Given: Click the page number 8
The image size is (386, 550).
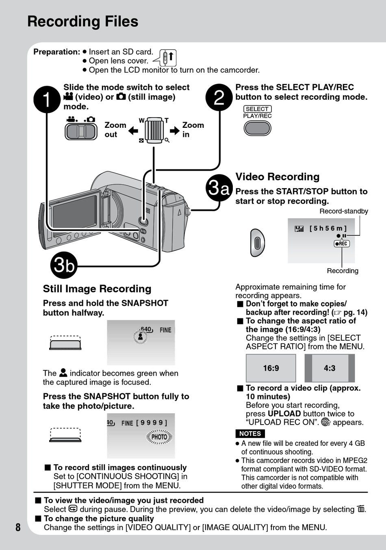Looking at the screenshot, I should point(18,527).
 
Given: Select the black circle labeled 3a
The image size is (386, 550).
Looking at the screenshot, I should point(219,188).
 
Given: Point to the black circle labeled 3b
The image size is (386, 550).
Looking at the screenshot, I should point(64,265).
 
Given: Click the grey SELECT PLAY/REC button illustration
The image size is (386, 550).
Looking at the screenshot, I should point(257,128).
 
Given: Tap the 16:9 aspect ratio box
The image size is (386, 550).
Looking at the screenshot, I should point(271,368).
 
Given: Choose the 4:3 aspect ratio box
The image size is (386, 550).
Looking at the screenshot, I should point(330,368).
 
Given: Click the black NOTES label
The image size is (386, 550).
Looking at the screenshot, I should point(250,434).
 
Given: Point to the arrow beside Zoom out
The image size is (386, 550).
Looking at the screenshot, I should point(133,131).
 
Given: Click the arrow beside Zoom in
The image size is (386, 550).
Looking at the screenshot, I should point(175,131).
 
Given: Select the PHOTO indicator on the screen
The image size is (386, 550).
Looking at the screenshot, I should point(159,437).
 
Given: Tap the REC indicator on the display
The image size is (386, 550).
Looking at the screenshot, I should point(342,243).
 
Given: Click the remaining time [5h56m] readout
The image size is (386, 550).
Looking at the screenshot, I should point(328,228).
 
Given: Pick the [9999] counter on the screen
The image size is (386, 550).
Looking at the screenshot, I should point(152,423).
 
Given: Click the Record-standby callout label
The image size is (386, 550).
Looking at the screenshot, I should point(343,211).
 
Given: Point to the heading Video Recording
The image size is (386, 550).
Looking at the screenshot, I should point(278,177).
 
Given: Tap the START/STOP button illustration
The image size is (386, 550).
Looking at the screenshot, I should point(257,243).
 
